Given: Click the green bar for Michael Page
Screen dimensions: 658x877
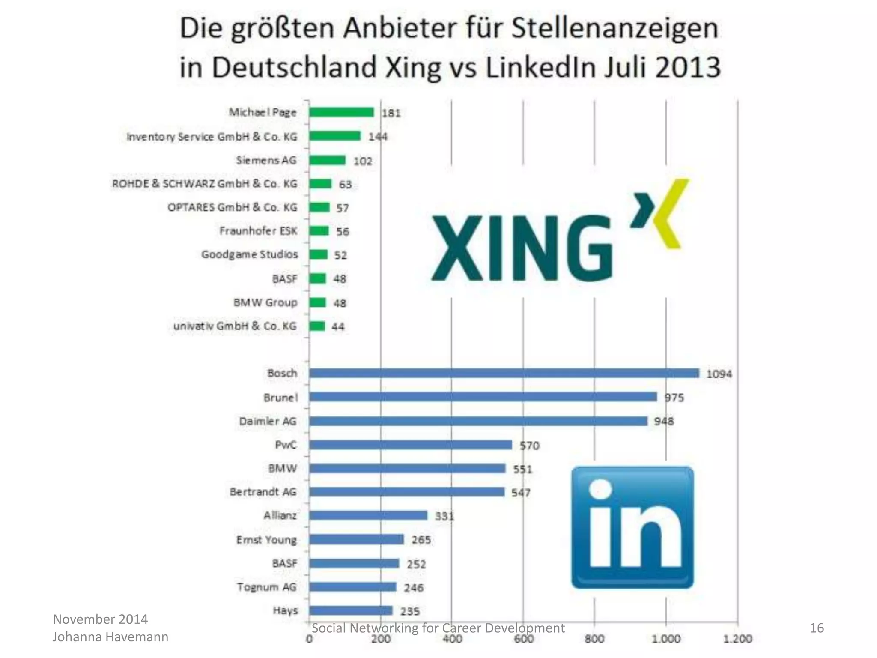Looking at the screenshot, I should (x=341, y=112).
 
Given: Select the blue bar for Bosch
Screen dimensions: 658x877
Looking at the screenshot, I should (x=504, y=373).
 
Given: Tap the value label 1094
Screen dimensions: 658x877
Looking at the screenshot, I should (x=719, y=374).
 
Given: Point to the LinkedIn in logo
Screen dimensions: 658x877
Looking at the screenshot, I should (x=632, y=527).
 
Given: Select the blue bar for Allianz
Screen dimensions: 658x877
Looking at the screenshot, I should (x=368, y=515).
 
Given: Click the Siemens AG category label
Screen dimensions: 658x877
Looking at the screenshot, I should (x=266, y=160).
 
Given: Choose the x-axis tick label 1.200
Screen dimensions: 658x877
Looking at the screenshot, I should (x=737, y=639).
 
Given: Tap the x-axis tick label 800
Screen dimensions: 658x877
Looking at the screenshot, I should (x=594, y=639).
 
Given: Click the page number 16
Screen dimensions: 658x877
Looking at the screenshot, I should (x=817, y=628).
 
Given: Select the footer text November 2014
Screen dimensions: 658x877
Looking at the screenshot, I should (x=100, y=619).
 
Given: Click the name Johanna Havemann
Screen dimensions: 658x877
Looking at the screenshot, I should (x=110, y=637).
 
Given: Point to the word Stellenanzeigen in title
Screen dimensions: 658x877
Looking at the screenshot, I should (x=615, y=29).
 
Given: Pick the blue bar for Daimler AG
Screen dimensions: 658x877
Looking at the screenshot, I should (x=478, y=421).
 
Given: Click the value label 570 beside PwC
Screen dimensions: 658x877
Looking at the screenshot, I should (x=529, y=446).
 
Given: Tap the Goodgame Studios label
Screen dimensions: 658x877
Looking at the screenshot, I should (x=249, y=254).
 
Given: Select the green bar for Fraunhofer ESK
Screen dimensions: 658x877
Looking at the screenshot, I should (x=319, y=231).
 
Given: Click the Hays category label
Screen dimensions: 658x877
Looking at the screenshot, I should (x=285, y=610).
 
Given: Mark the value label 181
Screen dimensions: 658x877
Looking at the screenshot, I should (x=391, y=113).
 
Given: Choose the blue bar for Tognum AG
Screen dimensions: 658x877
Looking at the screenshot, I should (x=352, y=587).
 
